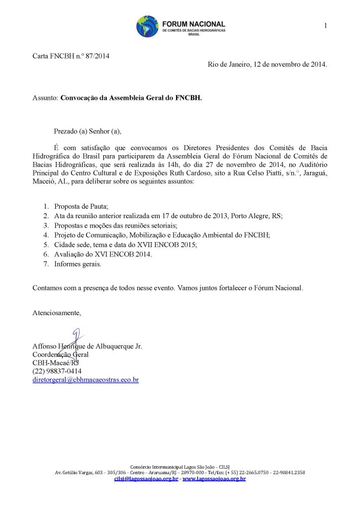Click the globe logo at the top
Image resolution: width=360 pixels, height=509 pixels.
[x=147, y=26]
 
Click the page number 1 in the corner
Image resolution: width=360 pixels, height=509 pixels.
[x=325, y=26]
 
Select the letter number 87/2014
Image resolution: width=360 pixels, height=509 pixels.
[x=96, y=56]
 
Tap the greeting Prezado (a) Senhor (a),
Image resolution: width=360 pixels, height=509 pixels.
[x=88, y=132]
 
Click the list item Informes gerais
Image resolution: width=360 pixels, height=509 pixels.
[x=78, y=264]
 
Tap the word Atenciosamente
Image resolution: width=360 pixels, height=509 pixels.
[x=56, y=313]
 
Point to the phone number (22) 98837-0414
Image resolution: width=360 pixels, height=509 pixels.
[x=57, y=371]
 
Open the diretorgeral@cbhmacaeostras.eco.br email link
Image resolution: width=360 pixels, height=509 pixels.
[x=86, y=380]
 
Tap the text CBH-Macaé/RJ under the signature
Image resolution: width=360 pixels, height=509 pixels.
[x=55, y=363]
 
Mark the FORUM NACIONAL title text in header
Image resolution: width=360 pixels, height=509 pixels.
[x=193, y=24]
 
